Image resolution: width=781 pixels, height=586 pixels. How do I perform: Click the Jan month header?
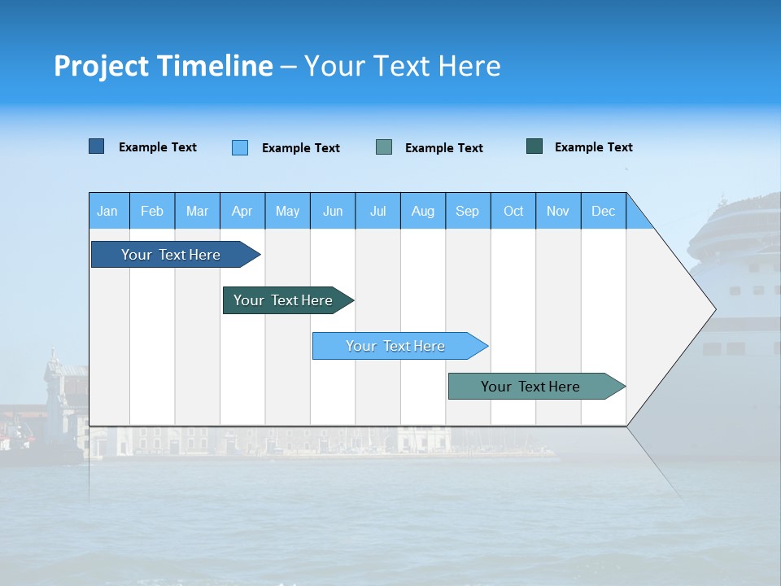pos(107,211)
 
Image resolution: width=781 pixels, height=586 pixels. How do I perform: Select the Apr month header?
pos(242,211)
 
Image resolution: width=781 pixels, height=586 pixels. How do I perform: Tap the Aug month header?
pos(423,211)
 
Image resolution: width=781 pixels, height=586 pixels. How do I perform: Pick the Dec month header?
pos(604,211)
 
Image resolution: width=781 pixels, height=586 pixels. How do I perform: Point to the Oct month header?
pos(513,211)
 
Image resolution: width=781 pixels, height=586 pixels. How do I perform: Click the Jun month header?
pos(333,211)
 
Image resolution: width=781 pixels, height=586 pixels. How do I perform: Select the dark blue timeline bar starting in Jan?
pos(171,255)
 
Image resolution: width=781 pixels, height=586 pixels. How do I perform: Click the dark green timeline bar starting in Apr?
pos(283,300)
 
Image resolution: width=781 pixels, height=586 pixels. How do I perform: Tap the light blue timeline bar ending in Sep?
pos(395,346)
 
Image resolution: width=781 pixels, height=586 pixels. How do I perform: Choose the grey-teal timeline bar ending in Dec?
pos(530,387)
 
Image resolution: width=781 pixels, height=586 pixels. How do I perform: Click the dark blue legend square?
pos(97,146)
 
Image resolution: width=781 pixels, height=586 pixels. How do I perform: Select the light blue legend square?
pos(240,147)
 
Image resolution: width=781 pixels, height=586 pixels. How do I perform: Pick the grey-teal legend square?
pos(384,147)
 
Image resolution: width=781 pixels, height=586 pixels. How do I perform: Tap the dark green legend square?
pos(534,146)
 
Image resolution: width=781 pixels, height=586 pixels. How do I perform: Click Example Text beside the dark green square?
pos(593,147)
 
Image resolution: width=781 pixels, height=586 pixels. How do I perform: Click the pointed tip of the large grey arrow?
pos(713,309)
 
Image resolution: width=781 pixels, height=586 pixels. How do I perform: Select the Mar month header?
pos(197,211)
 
